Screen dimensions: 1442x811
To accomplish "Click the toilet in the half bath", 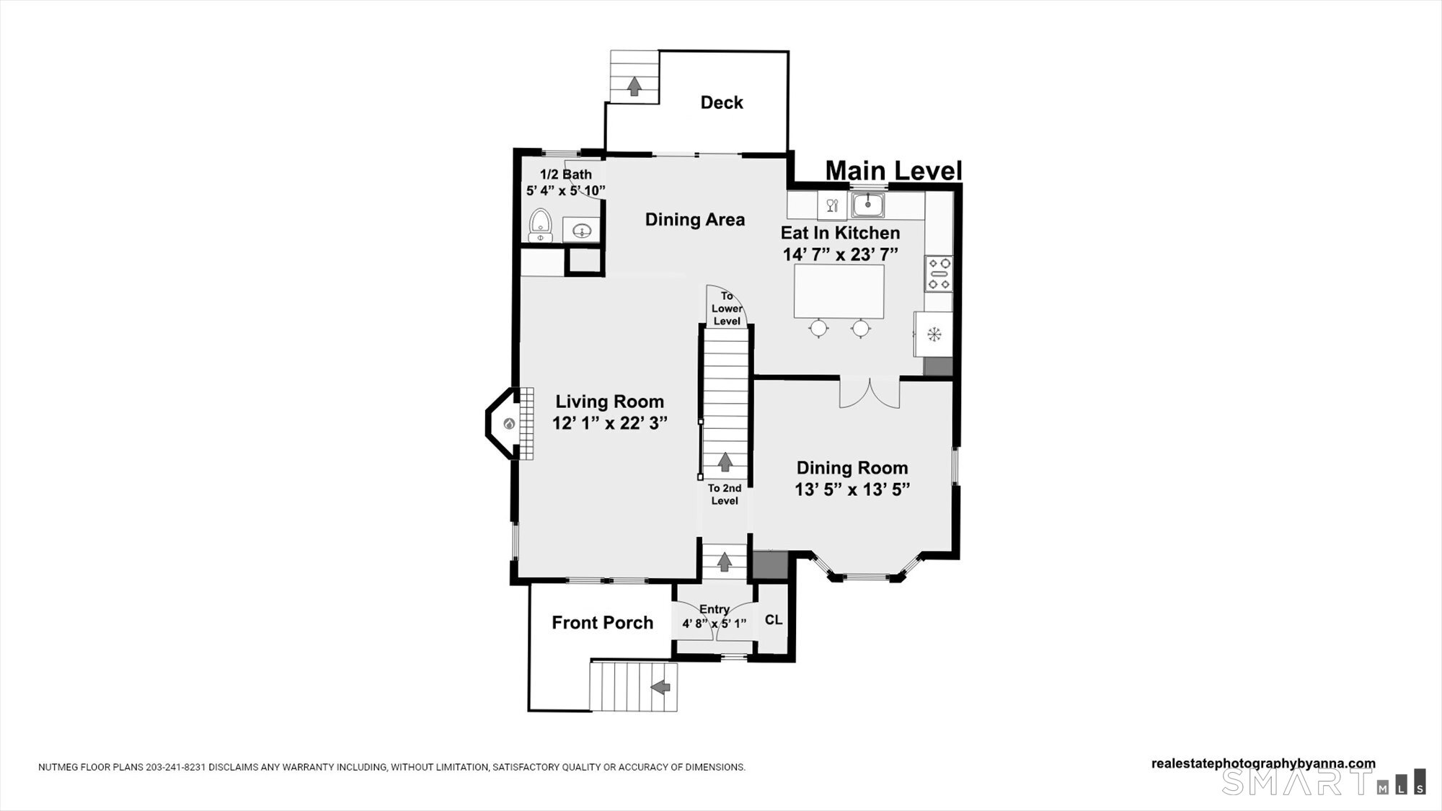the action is [540, 226].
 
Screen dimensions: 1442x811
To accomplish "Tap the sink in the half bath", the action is [580, 231].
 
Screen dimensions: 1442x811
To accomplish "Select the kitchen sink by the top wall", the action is [868, 205].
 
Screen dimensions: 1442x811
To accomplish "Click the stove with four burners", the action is [939, 274].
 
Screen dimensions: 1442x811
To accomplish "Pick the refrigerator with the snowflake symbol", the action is [934, 334].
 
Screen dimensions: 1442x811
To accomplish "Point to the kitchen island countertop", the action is [839, 291].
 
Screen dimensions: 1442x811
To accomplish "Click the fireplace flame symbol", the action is [509, 424].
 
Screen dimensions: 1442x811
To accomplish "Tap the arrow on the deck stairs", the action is [634, 87].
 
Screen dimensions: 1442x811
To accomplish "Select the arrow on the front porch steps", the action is [660, 688].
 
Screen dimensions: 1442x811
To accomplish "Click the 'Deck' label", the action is [722, 102].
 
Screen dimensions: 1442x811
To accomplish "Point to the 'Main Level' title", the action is [893, 171].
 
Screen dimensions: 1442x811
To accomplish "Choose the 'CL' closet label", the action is [774, 620].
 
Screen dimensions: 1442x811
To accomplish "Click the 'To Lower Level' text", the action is [727, 309].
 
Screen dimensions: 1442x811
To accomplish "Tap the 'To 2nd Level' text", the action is [725, 495].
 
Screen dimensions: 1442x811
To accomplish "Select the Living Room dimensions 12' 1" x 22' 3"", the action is [610, 423].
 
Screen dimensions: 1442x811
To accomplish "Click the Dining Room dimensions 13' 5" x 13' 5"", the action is [852, 489].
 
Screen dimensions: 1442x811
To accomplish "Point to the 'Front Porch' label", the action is [603, 623].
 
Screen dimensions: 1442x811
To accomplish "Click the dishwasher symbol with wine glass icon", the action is [832, 205].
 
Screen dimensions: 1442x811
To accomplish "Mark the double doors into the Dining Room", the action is [870, 393].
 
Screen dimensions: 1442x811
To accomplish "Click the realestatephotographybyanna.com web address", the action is [1263, 764].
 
